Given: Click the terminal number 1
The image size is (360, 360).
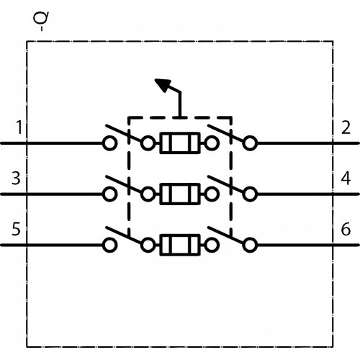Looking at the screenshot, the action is [19, 127].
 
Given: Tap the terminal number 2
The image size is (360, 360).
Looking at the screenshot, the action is [346, 127].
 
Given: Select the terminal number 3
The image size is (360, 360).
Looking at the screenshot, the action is [16, 179].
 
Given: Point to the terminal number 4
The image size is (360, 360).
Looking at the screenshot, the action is [346, 179].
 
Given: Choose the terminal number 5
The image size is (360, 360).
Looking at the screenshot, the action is [16, 229].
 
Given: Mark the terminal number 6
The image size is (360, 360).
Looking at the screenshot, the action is [346, 229].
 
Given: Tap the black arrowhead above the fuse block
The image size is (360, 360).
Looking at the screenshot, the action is [163, 85].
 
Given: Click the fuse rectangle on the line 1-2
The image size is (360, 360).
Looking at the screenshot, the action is [180, 143].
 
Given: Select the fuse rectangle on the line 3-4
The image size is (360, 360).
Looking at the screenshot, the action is [180, 194].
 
